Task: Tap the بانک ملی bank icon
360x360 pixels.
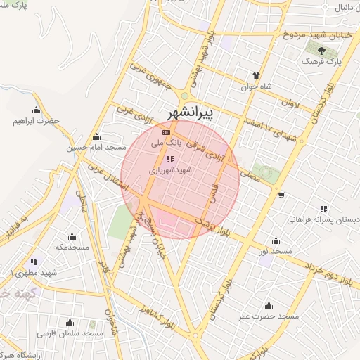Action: (x=166, y=131)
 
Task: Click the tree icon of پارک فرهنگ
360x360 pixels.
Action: (x=321, y=51)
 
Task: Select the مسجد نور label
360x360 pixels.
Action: (x=275, y=251)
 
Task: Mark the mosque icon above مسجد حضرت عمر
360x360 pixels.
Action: (x=268, y=305)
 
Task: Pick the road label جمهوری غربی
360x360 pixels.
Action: (x=150, y=81)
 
